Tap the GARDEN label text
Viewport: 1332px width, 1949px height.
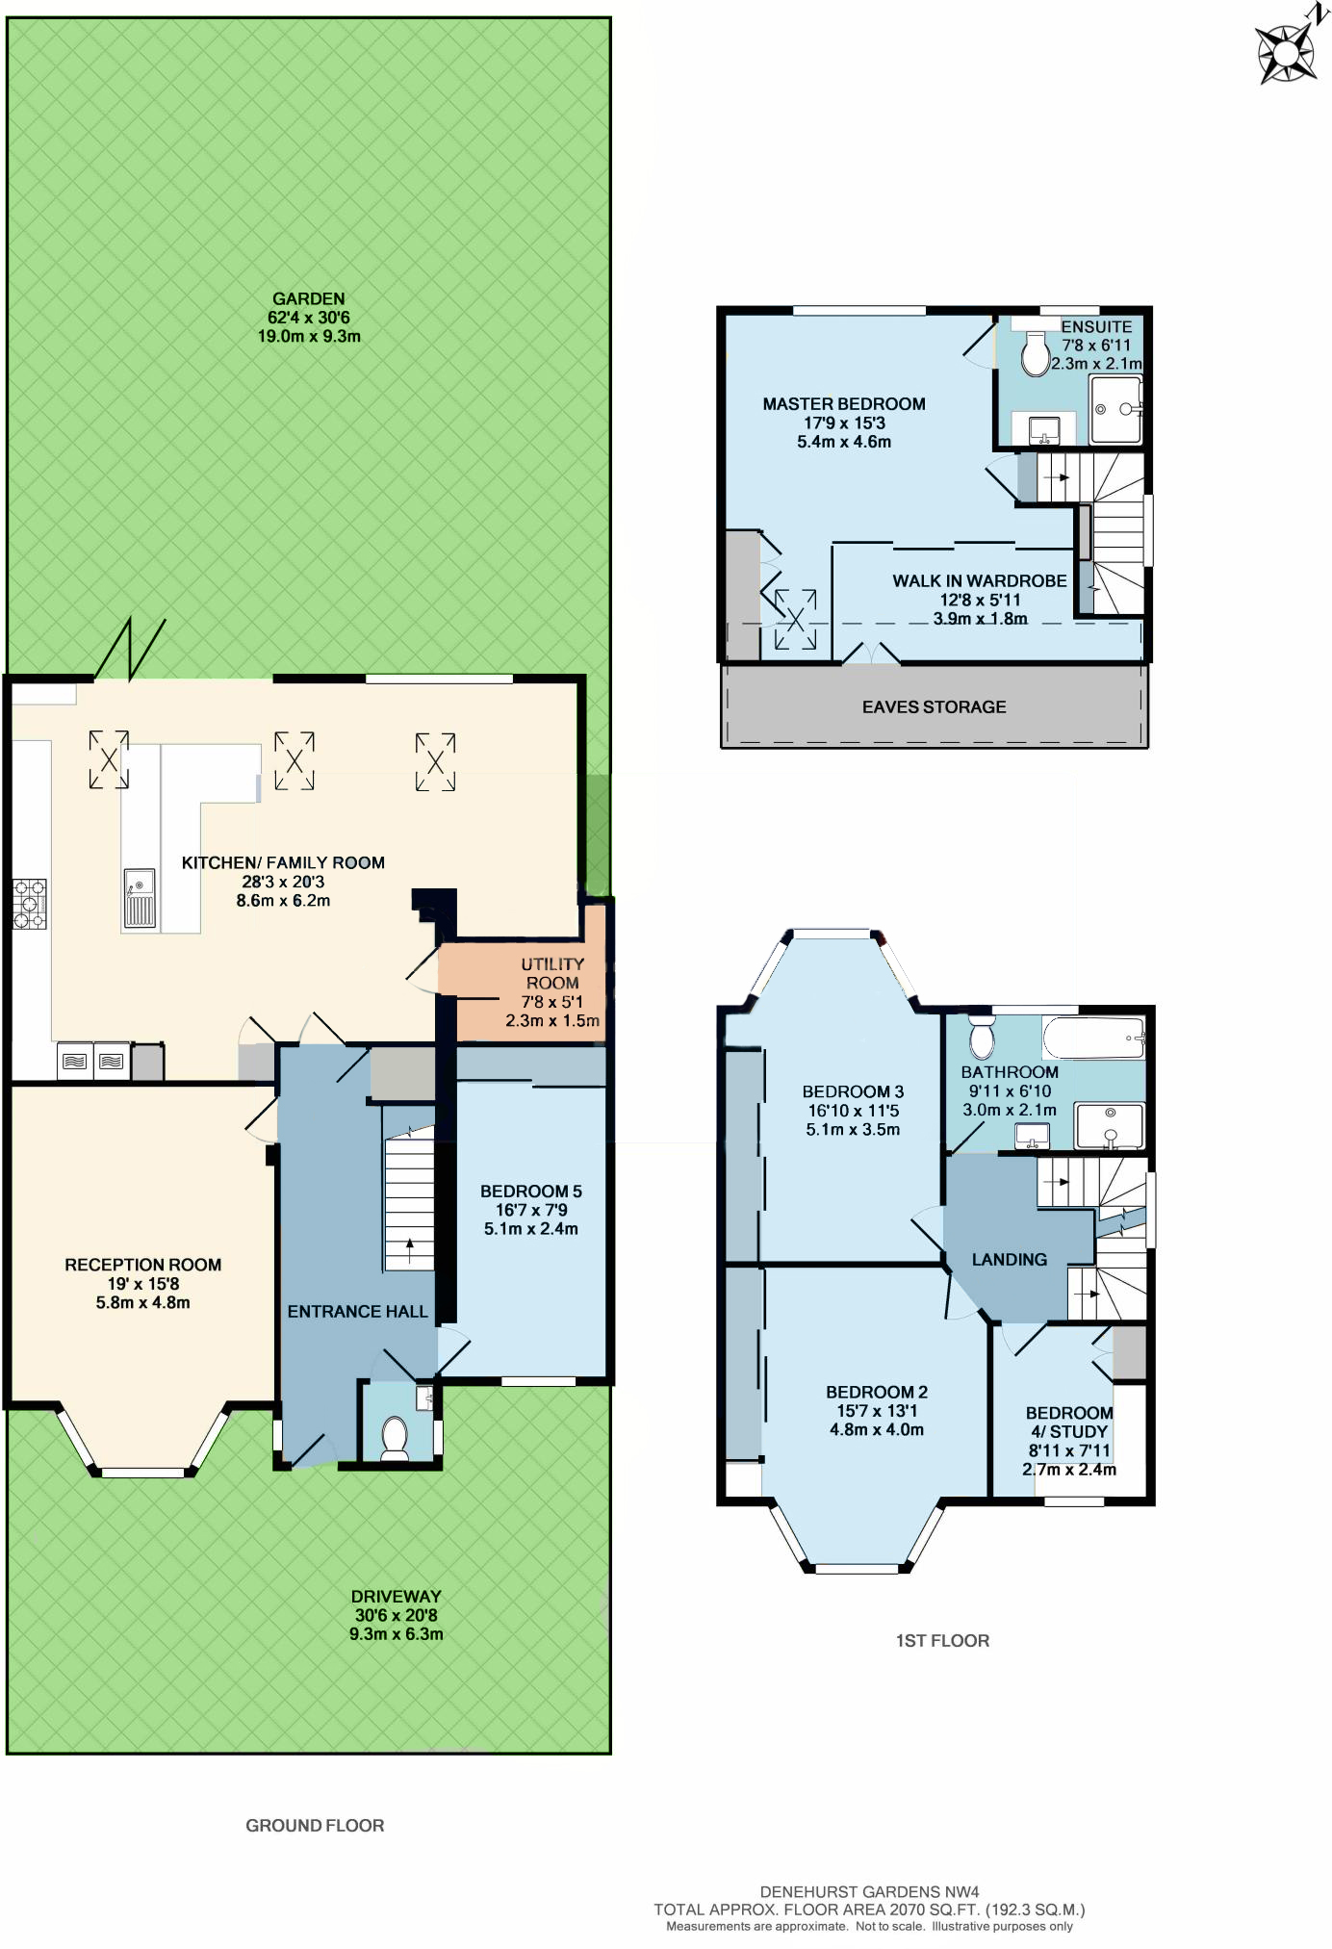[x=308, y=299]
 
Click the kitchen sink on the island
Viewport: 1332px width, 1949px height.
[x=140, y=898]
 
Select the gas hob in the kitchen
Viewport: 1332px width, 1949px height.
[x=29, y=904]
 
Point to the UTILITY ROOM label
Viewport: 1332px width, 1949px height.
[x=552, y=973]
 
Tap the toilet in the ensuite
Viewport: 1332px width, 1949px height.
[x=1035, y=355]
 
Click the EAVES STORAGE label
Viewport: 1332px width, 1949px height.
[x=934, y=706]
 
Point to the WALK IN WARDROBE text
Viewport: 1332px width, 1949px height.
[x=979, y=580]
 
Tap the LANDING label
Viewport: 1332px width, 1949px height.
[x=1009, y=1259]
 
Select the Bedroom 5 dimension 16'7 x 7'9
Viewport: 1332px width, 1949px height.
[x=531, y=1210]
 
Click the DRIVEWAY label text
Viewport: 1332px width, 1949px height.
[x=396, y=1596]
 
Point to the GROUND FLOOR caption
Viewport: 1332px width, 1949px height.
[x=315, y=1825]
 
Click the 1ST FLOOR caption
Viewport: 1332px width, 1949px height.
[x=941, y=1640]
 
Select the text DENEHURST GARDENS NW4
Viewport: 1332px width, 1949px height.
[x=869, y=1891]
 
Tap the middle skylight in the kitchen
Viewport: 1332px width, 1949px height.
[x=295, y=761]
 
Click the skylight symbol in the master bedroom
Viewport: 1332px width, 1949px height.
[x=796, y=620]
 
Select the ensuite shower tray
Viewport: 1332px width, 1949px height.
[x=1115, y=410]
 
